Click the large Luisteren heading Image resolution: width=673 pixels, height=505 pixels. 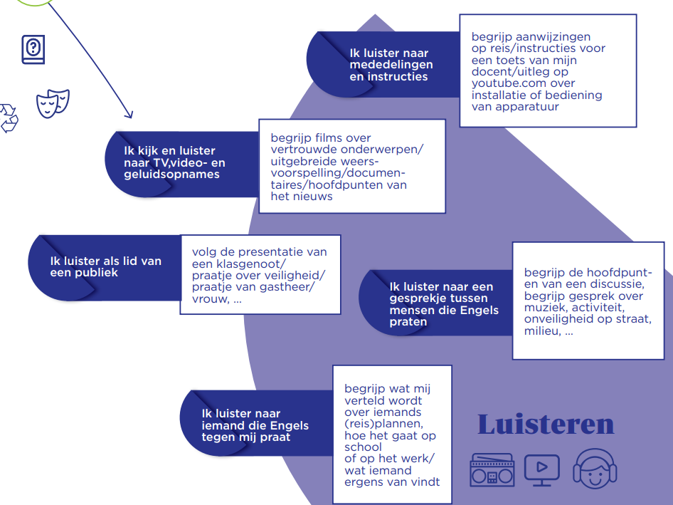[x=546, y=424]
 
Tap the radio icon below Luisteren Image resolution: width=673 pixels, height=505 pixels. [x=491, y=469]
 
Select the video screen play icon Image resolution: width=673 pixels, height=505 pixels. [x=541, y=469]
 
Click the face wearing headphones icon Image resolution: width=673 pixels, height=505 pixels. [x=595, y=467]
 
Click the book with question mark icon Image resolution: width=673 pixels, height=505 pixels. [x=32, y=50]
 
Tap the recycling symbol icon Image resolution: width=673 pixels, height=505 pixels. [x=9, y=118]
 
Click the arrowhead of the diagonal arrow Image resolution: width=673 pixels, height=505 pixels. [x=128, y=113]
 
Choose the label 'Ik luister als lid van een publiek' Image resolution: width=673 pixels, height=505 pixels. [x=105, y=266]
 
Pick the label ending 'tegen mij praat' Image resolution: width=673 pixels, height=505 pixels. [x=255, y=425]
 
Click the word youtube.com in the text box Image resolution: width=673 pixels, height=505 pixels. [x=506, y=83]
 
